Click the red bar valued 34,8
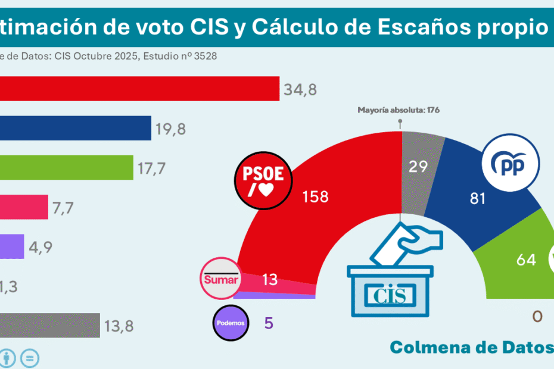point(139,89)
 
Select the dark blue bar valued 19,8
point(76,128)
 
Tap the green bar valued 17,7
point(66,167)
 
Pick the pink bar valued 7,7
point(24,207)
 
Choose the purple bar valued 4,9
point(12,246)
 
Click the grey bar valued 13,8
point(50,325)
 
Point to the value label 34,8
point(301,90)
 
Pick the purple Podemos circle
point(230,323)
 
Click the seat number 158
point(315,196)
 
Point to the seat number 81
point(478,198)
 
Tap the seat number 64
point(526,259)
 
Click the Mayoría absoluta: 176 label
point(398,110)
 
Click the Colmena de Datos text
point(471,348)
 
